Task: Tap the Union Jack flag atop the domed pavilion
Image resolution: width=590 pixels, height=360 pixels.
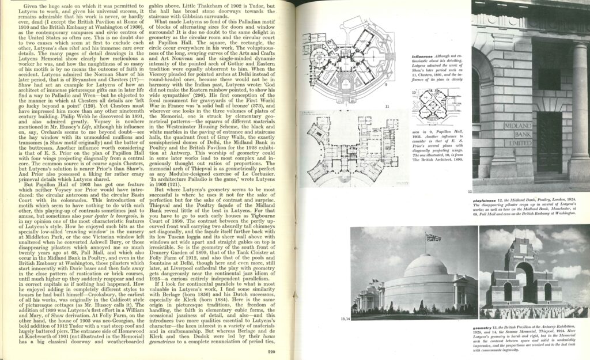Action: (433, 237)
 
